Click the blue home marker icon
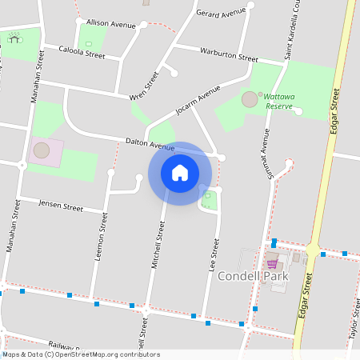[179, 173]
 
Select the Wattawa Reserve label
[280, 102]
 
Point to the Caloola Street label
[82, 53]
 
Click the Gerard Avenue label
[221, 14]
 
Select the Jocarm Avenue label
[196, 103]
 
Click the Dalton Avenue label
[150, 145]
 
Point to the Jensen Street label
[61, 206]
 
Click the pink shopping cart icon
[272, 264]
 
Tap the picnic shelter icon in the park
[14, 37]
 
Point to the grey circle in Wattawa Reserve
[250, 99]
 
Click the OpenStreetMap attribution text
[81, 354]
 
